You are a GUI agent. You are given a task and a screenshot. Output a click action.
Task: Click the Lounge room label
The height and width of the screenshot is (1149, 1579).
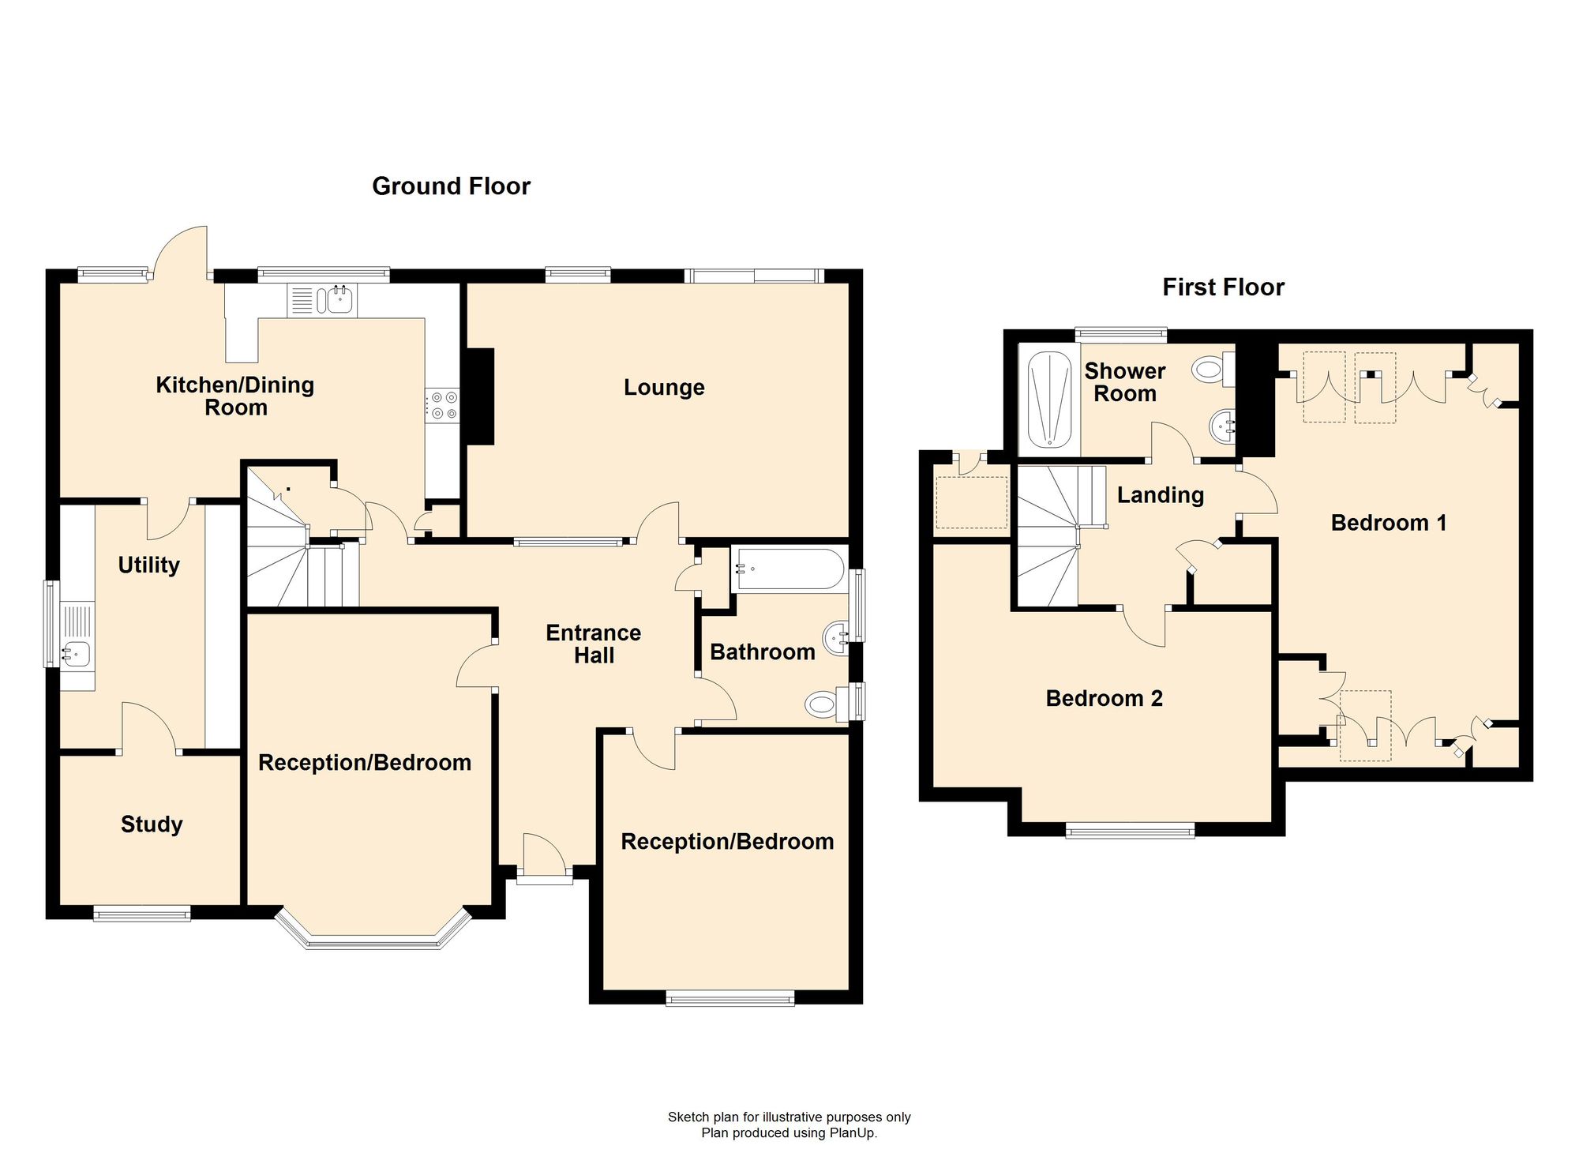[x=664, y=388]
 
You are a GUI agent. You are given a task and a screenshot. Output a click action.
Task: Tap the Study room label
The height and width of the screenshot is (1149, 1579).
[x=152, y=824]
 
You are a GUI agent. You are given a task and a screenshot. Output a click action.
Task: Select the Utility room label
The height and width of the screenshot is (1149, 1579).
[x=148, y=565]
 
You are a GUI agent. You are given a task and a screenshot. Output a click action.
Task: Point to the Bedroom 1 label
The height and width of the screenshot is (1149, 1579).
[x=1389, y=523]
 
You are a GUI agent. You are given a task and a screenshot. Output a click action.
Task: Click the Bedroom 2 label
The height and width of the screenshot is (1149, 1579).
[x=1104, y=698]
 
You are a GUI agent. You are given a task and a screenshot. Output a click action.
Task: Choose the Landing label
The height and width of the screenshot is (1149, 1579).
[x=1161, y=495]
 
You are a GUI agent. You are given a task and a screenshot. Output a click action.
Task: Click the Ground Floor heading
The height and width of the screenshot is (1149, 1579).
[x=451, y=186]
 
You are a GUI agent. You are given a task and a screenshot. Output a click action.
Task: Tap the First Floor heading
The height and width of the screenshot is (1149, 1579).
[x=1223, y=287]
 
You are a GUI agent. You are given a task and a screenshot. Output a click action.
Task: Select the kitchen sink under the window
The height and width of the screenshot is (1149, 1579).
[x=324, y=300]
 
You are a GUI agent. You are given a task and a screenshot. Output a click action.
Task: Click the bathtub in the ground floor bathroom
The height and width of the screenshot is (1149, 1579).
[x=788, y=569]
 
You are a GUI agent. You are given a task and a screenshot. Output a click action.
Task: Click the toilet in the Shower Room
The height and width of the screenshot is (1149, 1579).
[x=1213, y=369]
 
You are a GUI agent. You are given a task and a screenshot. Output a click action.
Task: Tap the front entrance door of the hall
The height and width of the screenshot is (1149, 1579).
[x=544, y=856]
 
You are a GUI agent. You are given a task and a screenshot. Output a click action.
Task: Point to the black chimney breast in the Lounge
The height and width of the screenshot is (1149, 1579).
[x=480, y=396]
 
